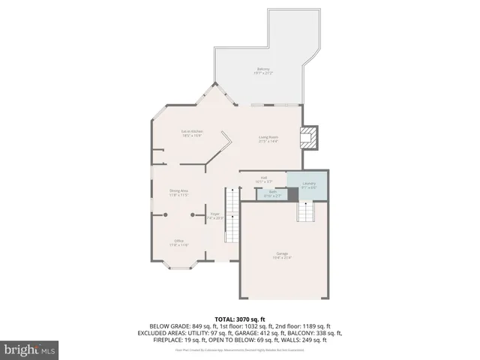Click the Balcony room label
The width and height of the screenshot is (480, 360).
[263, 71]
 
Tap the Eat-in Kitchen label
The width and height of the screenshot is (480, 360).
[192, 133]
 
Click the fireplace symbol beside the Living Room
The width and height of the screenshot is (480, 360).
[309, 137]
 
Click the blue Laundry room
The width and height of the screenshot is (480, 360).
[309, 185]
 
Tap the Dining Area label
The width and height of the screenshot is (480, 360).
[178, 193]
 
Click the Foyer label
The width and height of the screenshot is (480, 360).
[214, 216]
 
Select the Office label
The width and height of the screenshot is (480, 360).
[178, 243]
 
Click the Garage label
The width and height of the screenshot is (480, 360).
[282, 256]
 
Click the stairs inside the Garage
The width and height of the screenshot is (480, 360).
[304, 212]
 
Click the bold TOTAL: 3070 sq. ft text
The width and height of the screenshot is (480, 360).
[241, 319]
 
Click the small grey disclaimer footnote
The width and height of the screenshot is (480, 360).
[240, 349]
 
